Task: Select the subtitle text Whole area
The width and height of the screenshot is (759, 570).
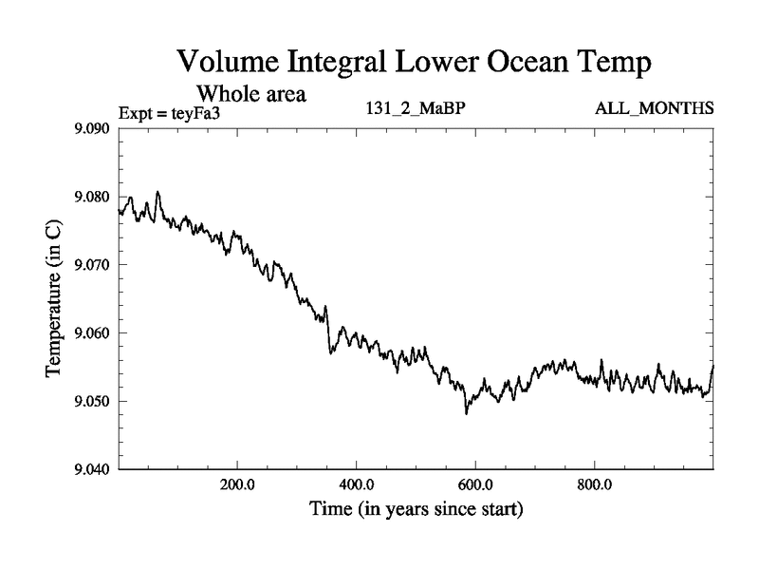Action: tap(250, 94)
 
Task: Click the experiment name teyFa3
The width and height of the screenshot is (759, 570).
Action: tap(207, 113)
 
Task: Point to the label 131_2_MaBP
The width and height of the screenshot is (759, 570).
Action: tap(415, 107)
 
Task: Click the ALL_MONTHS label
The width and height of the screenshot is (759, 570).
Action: tap(654, 107)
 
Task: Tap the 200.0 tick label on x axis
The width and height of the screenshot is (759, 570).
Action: tap(236, 484)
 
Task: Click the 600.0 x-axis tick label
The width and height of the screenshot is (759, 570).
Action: tap(475, 484)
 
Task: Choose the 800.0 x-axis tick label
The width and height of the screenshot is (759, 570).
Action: tap(595, 484)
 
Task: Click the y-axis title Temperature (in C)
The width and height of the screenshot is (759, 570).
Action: tap(54, 298)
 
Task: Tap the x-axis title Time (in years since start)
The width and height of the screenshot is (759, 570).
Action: tap(416, 509)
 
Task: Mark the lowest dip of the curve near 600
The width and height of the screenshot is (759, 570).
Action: tap(466, 413)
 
